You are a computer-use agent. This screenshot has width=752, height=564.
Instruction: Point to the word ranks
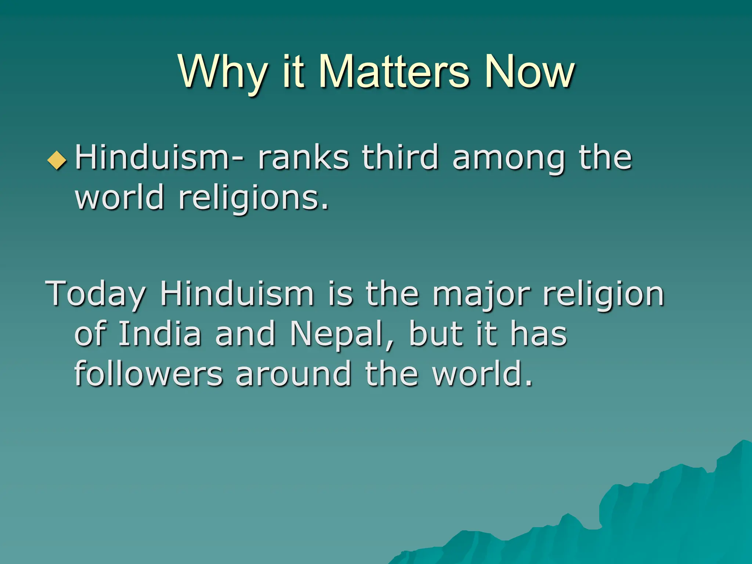303,158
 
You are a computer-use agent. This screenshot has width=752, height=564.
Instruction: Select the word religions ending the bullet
253,199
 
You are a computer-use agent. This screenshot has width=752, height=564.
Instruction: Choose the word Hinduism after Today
237,293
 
